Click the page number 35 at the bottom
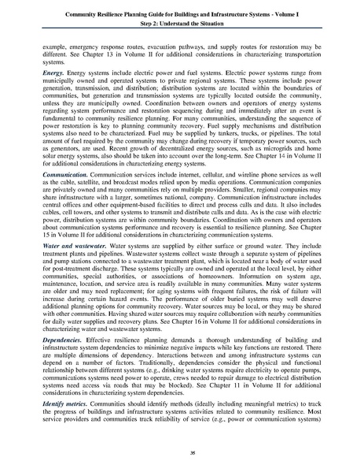coord(182,455)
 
